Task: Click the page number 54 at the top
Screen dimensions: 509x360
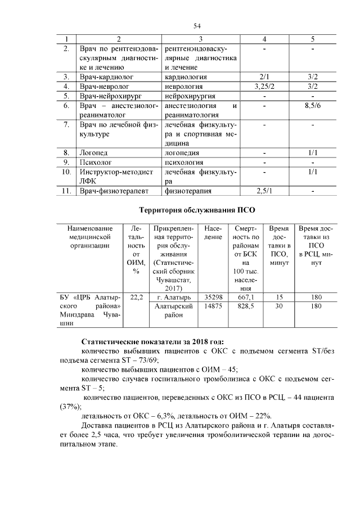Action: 197,26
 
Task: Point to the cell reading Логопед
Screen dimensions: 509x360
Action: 93,152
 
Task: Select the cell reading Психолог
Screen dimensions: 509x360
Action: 94,162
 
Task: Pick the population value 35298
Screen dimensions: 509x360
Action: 214,296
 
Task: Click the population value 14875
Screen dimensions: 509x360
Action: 214,307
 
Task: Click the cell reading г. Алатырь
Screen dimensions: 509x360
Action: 174,296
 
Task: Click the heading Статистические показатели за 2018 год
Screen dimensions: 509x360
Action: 152,341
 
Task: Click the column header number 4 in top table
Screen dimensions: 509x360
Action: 264,39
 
